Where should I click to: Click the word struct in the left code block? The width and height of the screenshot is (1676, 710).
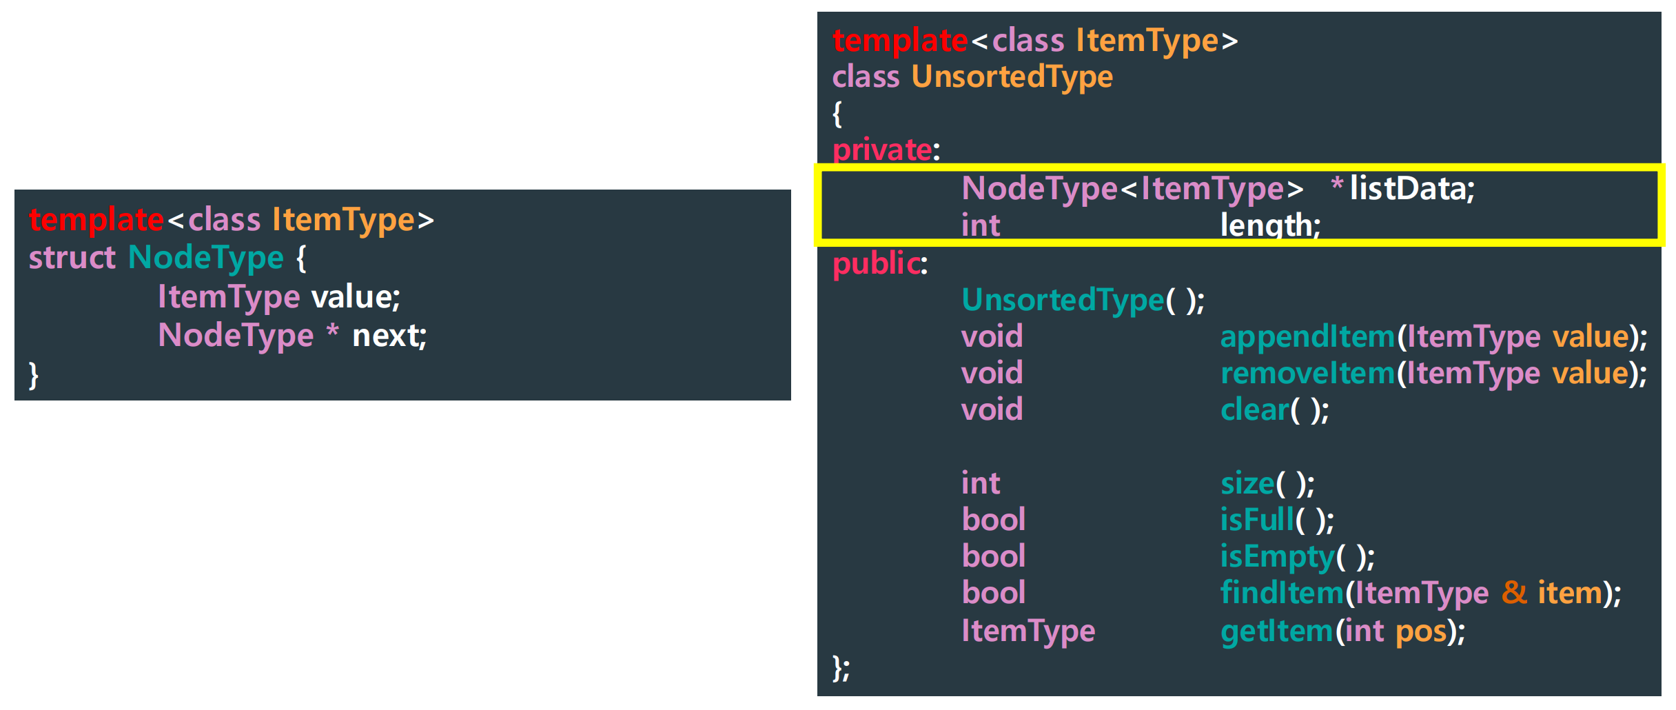(72, 258)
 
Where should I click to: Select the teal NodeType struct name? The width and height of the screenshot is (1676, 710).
(205, 258)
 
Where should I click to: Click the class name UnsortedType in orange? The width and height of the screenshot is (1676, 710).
(1012, 77)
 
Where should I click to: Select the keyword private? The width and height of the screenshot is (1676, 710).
(882, 150)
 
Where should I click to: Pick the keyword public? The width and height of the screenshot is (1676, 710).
(876, 264)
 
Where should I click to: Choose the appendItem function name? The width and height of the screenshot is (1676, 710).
(1307, 337)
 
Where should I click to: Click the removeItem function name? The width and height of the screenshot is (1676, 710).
(1307, 374)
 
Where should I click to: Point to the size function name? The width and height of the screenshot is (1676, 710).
(1247, 484)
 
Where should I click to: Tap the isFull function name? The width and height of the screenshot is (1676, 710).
(1257, 520)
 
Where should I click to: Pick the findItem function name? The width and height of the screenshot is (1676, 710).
(1282, 594)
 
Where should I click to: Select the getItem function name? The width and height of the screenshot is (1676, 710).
(1276, 631)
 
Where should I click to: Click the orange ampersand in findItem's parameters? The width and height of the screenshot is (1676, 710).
(1514, 593)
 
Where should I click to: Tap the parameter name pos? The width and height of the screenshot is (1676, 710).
(1421, 631)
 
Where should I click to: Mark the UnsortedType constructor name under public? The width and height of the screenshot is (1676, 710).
(1062, 301)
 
